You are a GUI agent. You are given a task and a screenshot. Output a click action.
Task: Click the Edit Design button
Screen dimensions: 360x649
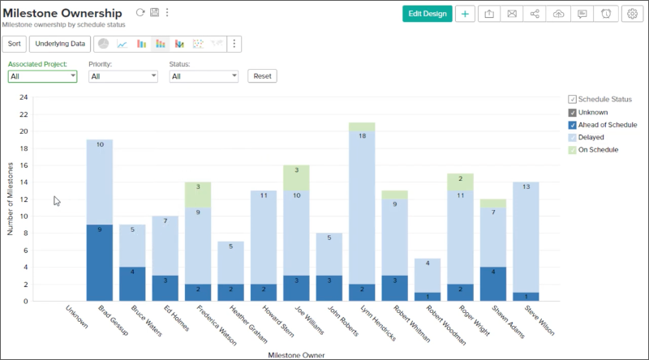tap(427, 14)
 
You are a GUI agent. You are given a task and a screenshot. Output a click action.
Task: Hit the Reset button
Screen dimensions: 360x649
tap(262, 75)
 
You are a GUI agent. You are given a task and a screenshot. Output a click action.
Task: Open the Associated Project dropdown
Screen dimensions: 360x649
tap(42, 76)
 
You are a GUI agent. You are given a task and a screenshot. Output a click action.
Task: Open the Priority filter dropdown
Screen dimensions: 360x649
tap(123, 76)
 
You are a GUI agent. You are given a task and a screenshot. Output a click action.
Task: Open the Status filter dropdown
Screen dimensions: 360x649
tap(204, 76)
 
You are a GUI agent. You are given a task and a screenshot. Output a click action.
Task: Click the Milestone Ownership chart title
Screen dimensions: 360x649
tap(63, 13)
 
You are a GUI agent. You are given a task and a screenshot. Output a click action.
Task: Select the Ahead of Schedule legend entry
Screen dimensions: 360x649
tap(607, 125)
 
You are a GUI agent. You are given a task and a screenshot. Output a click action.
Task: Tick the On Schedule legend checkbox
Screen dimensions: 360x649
tap(573, 150)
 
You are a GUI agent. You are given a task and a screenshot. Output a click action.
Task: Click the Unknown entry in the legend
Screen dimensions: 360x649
tap(593, 112)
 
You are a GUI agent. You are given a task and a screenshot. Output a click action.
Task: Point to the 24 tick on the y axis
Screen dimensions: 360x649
tap(24, 97)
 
